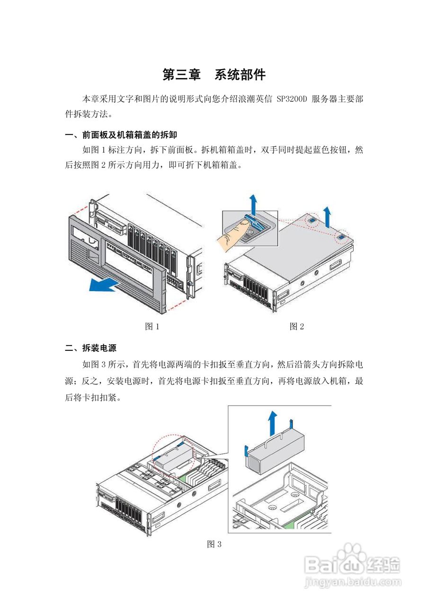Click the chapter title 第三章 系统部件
click(x=214, y=75)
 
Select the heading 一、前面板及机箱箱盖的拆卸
click(x=121, y=136)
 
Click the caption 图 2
click(x=296, y=327)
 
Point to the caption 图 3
click(x=214, y=544)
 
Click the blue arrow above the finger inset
click(x=254, y=204)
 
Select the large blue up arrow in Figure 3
click(x=272, y=423)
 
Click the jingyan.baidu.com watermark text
click(x=353, y=581)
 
